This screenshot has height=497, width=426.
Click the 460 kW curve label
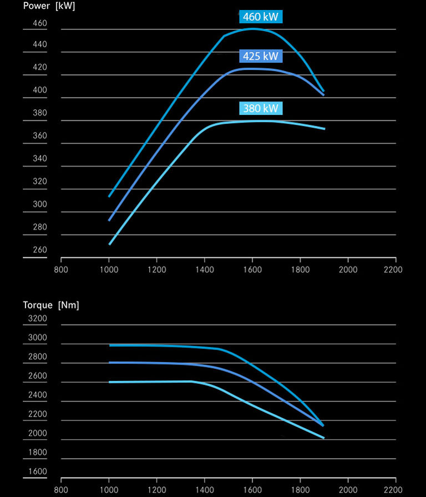261,17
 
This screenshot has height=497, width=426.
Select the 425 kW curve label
261,56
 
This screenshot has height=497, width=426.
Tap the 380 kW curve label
261,108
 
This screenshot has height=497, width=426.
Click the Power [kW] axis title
49,7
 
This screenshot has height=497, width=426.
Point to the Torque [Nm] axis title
51,305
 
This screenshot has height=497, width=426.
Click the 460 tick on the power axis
40,24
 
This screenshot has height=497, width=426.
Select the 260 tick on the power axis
40,250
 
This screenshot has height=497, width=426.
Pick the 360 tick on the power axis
40,136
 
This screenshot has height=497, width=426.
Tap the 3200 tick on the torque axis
37,319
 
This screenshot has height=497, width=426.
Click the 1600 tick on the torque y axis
37,471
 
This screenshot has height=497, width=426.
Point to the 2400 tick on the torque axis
37,395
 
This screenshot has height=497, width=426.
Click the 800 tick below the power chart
61,270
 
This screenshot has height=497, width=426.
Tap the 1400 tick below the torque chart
205,490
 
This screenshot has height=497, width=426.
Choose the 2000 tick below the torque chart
348,490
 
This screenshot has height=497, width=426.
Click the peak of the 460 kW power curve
252,28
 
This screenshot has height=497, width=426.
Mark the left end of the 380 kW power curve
109,244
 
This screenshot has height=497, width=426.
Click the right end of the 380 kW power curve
324,129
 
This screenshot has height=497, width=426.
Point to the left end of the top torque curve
110,345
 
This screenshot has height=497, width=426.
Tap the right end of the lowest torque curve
323,438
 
